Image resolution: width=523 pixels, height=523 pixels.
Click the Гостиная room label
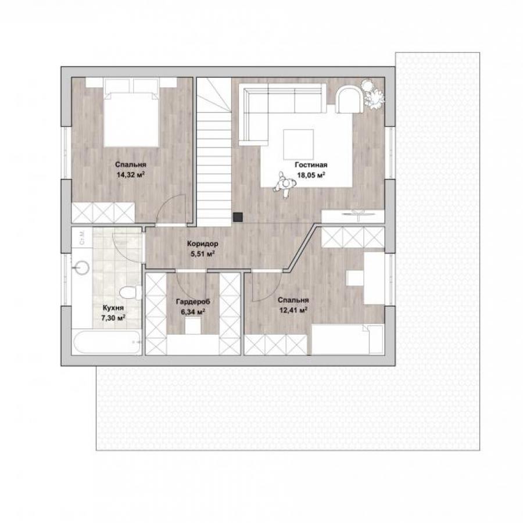tap(311, 165)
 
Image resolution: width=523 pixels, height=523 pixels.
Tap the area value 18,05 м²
tap(311, 175)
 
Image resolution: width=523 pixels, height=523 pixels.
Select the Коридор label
tap(202, 243)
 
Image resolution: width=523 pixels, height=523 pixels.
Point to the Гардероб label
tap(193, 302)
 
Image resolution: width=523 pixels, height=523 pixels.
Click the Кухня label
tap(113, 308)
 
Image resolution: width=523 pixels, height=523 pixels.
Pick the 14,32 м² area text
tap(130, 175)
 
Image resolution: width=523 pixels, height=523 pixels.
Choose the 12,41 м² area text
tap(293, 310)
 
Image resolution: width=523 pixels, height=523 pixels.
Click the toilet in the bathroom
tap(130, 293)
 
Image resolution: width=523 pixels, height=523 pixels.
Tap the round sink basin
tap(80, 267)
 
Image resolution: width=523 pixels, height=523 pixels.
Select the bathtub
tap(107, 342)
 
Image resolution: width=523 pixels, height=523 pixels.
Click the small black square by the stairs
tap(238, 217)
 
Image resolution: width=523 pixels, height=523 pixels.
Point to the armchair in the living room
tap(349, 99)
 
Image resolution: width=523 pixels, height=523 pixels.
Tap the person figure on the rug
tap(284, 184)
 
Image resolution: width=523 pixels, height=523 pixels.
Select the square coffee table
tap(299, 145)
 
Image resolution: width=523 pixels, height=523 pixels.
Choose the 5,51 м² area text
tap(202, 254)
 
